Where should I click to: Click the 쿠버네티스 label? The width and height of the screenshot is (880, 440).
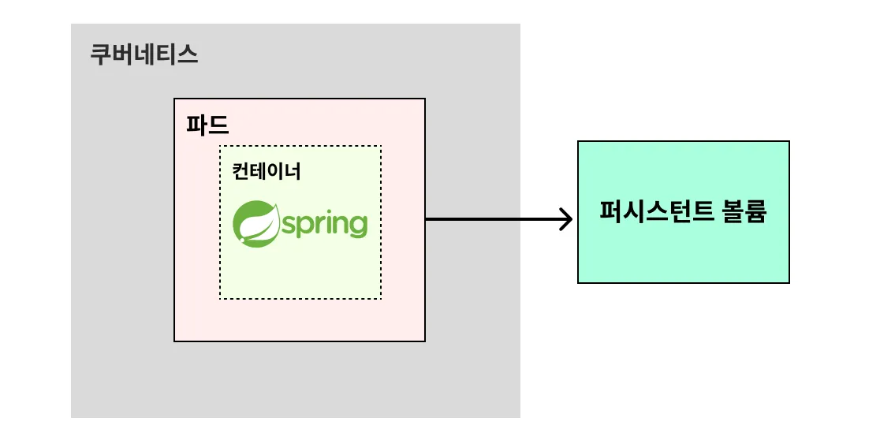(144, 55)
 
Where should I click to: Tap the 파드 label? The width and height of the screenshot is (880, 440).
(207, 125)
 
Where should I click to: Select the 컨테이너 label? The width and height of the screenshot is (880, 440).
(266, 171)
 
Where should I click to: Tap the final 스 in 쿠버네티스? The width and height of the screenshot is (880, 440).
(188, 55)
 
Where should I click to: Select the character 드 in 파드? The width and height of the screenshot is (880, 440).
(218, 125)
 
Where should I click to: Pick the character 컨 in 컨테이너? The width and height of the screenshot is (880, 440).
(241, 171)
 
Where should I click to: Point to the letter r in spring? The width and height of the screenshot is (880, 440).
(319, 225)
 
